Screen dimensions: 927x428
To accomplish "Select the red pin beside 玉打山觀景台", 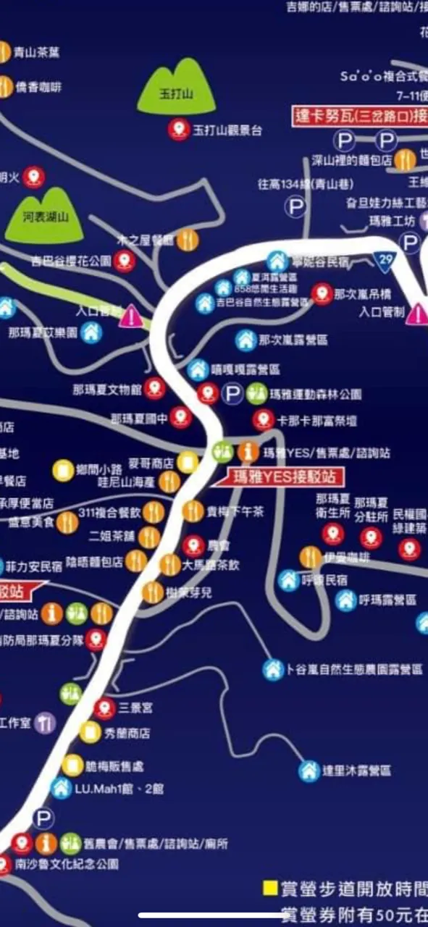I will click(177, 130).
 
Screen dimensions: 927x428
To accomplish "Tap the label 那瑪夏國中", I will click(139, 418).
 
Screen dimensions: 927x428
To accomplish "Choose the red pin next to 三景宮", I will click(104, 708).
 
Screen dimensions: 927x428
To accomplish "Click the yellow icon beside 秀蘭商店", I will click(89, 732).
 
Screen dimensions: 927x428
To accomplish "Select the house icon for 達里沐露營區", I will click(309, 771).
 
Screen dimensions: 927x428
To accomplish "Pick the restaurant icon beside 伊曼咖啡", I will click(310, 558).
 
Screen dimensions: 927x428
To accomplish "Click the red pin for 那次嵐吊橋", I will click(322, 295).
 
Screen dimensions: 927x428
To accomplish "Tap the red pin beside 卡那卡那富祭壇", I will click(263, 419).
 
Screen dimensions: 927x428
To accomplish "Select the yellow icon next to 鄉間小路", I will click(63, 470).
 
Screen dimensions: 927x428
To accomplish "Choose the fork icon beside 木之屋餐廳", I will click(188, 240).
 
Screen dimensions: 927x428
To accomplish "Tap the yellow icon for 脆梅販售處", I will click(72, 765).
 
